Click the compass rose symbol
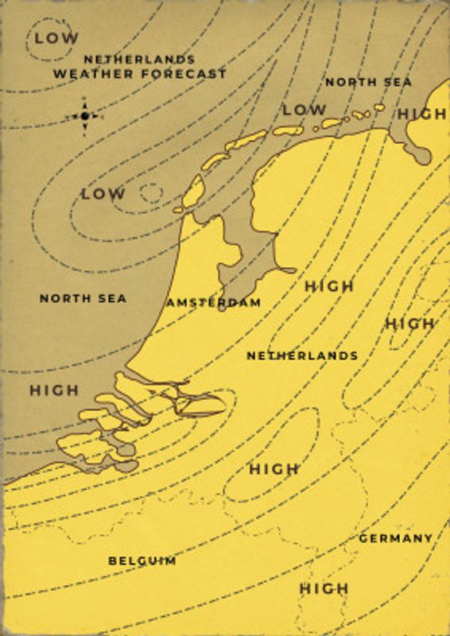coord(84,116)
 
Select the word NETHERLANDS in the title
coord(139,60)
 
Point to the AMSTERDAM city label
coord(213,303)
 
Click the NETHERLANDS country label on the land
coord(302,355)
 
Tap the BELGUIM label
coord(142,560)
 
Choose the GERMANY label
coord(396,538)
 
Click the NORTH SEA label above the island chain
coord(369,82)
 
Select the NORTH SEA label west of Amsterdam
coord(83,298)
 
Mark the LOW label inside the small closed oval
coord(56,37)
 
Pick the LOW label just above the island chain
coord(304,110)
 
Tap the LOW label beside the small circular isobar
coord(103,193)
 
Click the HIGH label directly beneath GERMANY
coord(324,589)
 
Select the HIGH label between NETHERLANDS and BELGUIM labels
coord(274,469)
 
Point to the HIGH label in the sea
coord(54,390)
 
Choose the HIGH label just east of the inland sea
coord(329,285)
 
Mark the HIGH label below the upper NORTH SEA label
coord(422,114)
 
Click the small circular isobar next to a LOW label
coord(150,192)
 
